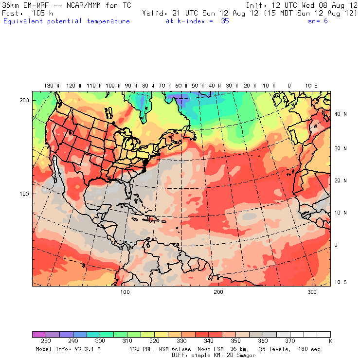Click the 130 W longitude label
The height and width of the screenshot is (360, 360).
pyautogui.click(x=49, y=86)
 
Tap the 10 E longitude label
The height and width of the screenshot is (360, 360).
pyautogui.click(x=311, y=86)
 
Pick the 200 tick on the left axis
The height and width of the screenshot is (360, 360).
pyautogui.click(x=24, y=100)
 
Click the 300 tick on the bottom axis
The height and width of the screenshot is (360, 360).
pyautogui.click(x=312, y=292)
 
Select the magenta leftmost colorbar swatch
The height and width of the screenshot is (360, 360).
pyautogui.click(x=39, y=334)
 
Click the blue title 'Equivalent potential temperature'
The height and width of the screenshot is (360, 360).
pyautogui.click(x=67, y=21)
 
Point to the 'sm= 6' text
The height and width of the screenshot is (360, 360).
pyautogui.click(x=318, y=21)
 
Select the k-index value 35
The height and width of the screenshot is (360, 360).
pyautogui.click(x=224, y=21)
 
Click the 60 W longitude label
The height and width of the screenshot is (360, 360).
pyautogui.click(x=179, y=86)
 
